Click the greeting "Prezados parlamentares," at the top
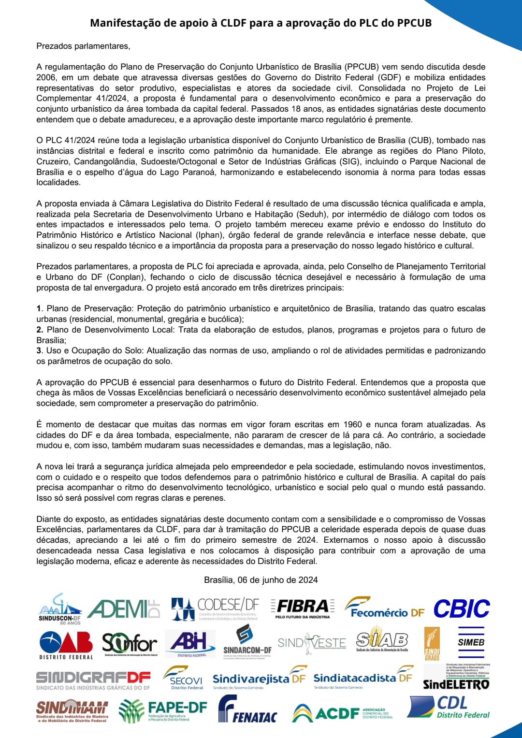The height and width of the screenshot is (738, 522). click(83, 46)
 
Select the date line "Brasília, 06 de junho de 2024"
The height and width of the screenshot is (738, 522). click(261, 580)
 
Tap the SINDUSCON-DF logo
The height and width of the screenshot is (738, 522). click(60, 609)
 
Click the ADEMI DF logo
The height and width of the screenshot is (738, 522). click(124, 609)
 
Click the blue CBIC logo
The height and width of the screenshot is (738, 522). click(462, 609)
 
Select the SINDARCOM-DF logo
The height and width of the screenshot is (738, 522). click(247, 642)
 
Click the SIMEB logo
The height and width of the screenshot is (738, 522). click(471, 642)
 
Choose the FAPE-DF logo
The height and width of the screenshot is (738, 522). click(163, 711)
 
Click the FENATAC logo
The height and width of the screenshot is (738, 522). click(247, 710)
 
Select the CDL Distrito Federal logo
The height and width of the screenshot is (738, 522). click(449, 708)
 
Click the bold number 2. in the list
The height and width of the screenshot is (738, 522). click(40, 330)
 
